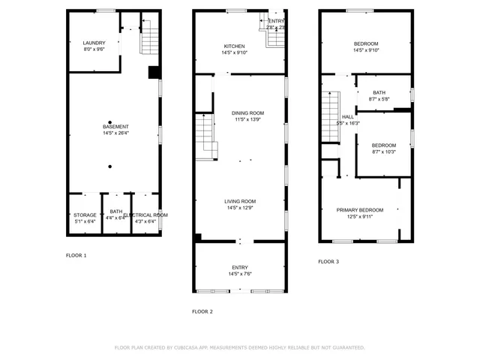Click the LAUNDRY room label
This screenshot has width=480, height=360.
coord(94,43)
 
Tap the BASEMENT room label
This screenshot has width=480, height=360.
coord(115,127)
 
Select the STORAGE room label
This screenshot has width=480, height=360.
coord(85,215)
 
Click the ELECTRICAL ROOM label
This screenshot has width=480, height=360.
coord(145,215)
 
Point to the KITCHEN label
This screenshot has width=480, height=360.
coord(233,46)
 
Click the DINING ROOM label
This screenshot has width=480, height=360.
coord(247,113)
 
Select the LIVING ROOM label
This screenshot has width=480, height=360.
coord(240,201)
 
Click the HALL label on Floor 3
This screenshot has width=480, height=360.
coord(348,117)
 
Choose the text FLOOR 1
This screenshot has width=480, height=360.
coord(76,256)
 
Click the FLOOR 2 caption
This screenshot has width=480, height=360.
coord(202,311)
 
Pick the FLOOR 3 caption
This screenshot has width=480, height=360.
coord(328,262)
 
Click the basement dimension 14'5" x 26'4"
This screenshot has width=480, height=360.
coord(115,133)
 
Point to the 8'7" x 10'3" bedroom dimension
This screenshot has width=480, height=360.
coord(383,151)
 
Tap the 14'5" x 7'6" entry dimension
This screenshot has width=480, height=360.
coord(240,274)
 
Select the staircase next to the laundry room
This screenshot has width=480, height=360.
coord(150,38)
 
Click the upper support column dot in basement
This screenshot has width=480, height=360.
coord(109,122)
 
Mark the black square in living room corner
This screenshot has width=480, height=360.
coord(197,238)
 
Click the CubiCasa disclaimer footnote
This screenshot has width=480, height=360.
coord(239,347)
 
